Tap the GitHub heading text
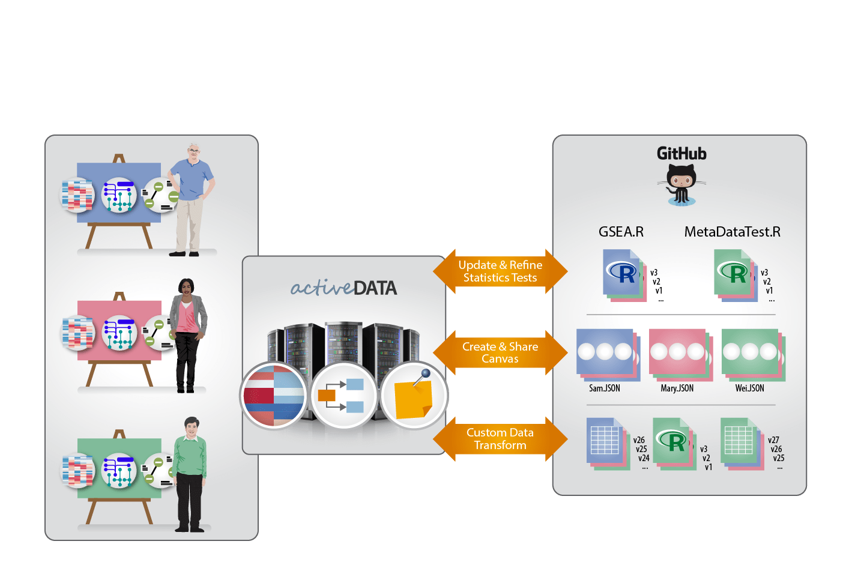pos(681,154)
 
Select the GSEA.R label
pos(621,232)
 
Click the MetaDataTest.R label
pos(732,232)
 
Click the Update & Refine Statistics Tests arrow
pos(500,271)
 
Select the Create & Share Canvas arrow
pos(500,352)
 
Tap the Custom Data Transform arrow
pos(500,439)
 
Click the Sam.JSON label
pos(604,388)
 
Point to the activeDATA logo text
pos(343,288)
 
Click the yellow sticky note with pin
pos(414,397)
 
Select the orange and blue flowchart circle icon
pos(343,396)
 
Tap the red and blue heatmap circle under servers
pos(274,396)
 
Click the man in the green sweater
pos(190,474)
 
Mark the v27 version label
pos(773,440)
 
